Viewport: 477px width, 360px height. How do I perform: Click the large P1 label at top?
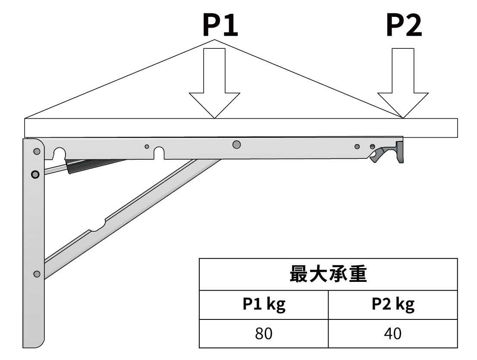[x=220, y=25]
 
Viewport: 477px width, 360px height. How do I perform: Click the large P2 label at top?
[x=404, y=25]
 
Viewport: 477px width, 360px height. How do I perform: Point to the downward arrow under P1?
[x=214, y=83]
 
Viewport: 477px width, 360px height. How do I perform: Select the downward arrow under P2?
[x=403, y=83]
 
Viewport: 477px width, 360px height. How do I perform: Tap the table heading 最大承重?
[x=328, y=274]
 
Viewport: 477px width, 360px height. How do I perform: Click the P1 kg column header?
[x=264, y=304]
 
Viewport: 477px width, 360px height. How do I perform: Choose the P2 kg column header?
[x=393, y=304]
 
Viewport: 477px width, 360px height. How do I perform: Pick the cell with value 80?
[x=264, y=334]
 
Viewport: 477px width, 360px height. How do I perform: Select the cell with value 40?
[x=393, y=334]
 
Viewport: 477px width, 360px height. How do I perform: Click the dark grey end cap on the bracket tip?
[x=400, y=152]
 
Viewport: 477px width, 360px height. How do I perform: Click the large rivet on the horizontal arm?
[x=236, y=144]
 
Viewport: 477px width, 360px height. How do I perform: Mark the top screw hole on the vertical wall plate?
[x=37, y=152]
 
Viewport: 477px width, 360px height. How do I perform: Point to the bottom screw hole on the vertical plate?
[x=37, y=274]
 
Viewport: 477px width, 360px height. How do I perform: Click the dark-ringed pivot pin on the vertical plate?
[x=35, y=174]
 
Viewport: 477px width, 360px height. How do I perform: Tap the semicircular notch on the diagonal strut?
[x=97, y=227]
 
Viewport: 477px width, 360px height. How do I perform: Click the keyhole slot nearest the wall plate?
[x=60, y=153]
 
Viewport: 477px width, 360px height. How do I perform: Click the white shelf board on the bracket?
[x=241, y=128]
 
